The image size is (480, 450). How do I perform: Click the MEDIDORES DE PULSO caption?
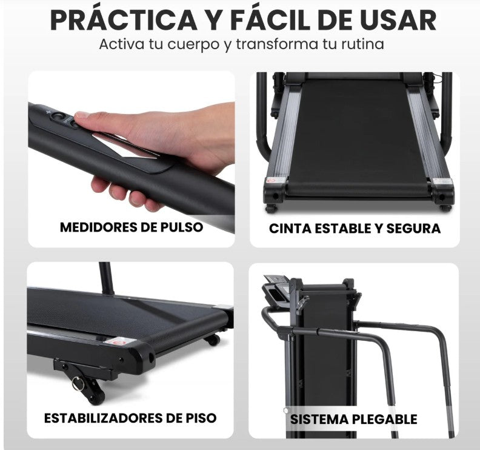pyautogui.click(x=131, y=227)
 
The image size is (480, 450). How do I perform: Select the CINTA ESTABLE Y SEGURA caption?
pyautogui.click(x=355, y=229)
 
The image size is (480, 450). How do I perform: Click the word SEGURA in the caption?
pyautogui.click(x=414, y=229)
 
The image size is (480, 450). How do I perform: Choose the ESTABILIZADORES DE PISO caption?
pyautogui.click(x=130, y=418)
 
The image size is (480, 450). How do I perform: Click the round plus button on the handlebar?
pyautogui.click(x=58, y=116)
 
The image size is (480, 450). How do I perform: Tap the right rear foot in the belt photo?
pyautogui.click(x=445, y=207)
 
